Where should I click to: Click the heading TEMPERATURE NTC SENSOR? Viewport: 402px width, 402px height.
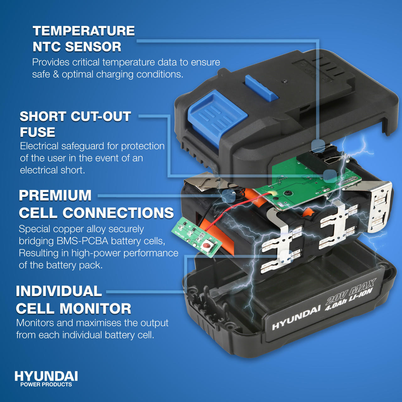point(84,39)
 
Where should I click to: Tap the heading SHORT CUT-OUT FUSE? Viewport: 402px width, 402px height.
point(75,124)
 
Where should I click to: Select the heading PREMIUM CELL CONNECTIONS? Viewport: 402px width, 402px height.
point(96,204)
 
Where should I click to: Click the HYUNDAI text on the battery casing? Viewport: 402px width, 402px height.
point(296,321)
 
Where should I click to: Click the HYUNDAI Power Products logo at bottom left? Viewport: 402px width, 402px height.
point(46,379)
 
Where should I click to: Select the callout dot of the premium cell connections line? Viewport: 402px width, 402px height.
point(228,196)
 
